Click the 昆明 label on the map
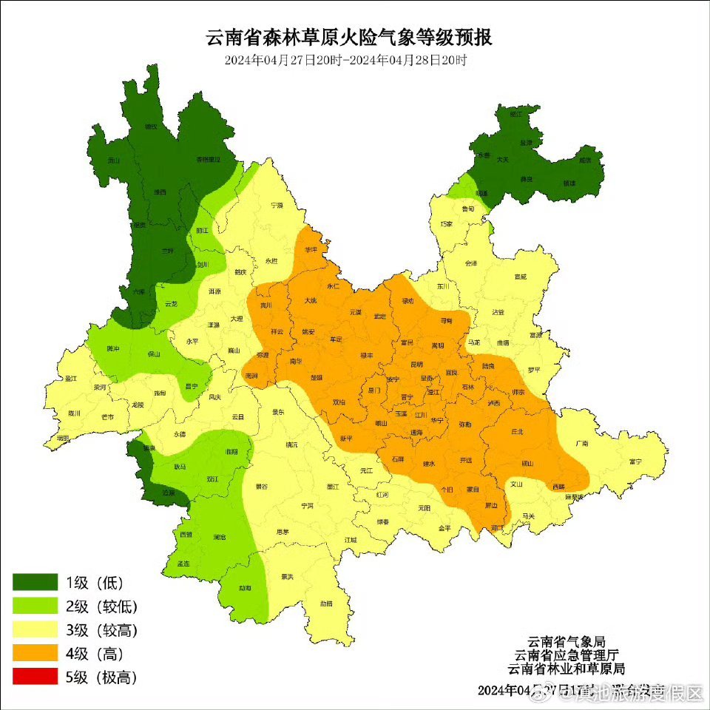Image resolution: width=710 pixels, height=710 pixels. [416, 364]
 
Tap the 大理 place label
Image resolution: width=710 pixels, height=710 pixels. [236, 319]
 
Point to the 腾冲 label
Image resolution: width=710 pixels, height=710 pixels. [112, 348]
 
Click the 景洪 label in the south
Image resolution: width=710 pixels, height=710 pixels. [288, 576]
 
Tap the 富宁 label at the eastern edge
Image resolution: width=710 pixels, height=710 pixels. [635, 461]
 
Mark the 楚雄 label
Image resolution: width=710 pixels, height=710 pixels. [317, 377]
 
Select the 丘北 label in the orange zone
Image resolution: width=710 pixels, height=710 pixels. [517, 431]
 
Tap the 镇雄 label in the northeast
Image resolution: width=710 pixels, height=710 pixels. [569, 183]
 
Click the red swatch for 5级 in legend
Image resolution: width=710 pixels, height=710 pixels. [35, 676]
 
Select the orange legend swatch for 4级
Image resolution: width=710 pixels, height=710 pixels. [35, 652]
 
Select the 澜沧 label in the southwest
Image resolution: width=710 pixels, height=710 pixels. [219, 536]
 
